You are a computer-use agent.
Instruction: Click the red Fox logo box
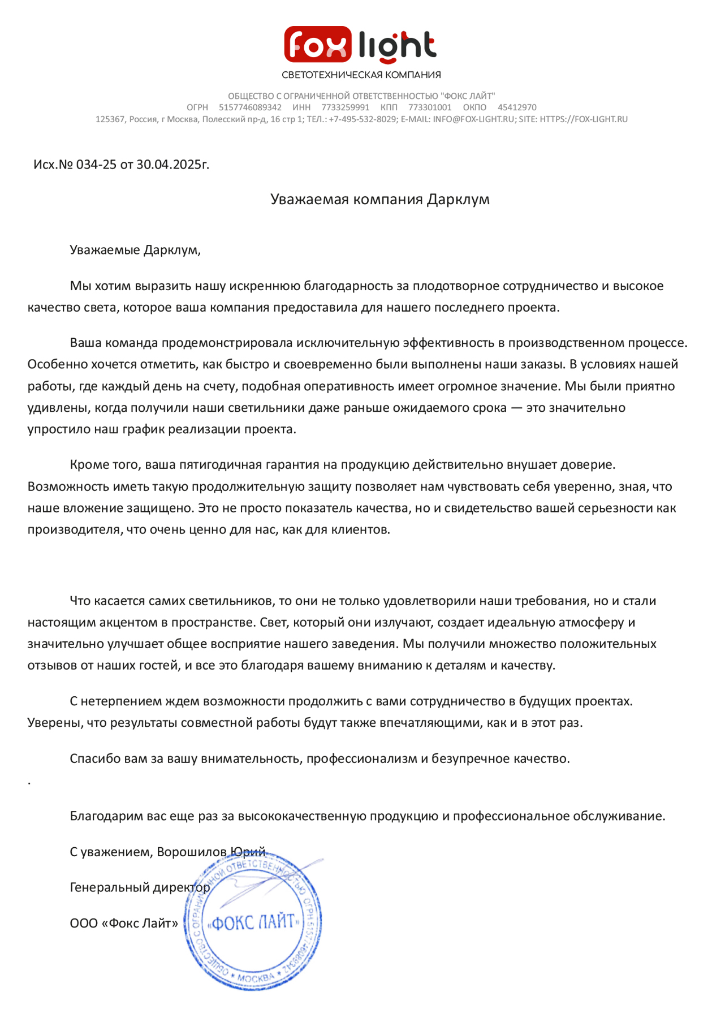click(317, 44)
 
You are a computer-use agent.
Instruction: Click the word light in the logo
click(397, 45)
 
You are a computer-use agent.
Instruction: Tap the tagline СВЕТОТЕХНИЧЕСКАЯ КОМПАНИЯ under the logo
click(361, 75)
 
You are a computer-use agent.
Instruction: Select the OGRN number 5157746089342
click(250, 107)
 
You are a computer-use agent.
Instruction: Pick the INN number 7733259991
click(345, 107)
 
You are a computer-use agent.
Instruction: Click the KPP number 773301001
click(430, 107)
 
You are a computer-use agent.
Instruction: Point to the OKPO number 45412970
click(517, 107)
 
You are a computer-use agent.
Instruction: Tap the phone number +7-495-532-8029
click(362, 119)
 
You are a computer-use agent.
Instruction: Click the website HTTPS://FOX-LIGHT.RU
click(584, 119)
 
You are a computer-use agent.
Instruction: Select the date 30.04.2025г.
click(172, 165)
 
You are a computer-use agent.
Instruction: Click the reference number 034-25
click(96, 165)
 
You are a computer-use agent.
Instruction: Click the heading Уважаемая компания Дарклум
click(379, 199)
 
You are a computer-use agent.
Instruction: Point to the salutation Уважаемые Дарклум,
click(135, 250)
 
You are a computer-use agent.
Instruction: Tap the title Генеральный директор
click(140, 887)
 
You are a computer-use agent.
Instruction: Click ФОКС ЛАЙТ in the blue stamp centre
click(253, 922)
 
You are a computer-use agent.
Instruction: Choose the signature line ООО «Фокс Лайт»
click(124, 924)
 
